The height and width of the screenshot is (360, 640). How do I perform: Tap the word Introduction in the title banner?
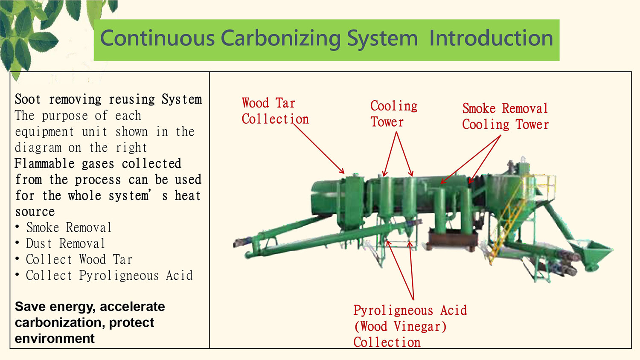(x=491, y=38)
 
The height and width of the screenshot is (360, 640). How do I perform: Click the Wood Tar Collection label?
(x=275, y=111)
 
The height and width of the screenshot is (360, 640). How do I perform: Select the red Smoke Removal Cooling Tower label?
(x=506, y=116)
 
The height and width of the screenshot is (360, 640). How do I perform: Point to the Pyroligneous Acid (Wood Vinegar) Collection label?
(x=410, y=326)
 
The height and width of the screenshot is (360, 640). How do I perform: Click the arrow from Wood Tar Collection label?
(x=319, y=149)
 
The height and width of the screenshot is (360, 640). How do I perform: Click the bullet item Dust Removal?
(x=65, y=244)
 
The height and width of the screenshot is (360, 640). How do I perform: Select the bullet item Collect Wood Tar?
(x=79, y=260)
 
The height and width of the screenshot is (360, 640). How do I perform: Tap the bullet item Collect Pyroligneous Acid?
(x=109, y=276)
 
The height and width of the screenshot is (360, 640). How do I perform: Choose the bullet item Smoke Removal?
(x=69, y=228)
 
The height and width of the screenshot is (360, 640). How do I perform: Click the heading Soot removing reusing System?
(x=108, y=99)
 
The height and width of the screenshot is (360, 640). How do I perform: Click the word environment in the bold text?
(x=55, y=339)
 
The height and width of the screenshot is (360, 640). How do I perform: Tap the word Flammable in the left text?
(x=44, y=164)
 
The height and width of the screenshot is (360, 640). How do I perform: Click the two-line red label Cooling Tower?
(x=394, y=114)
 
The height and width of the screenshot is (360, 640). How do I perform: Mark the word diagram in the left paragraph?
(x=38, y=148)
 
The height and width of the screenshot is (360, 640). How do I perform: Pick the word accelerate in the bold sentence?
(x=132, y=307)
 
